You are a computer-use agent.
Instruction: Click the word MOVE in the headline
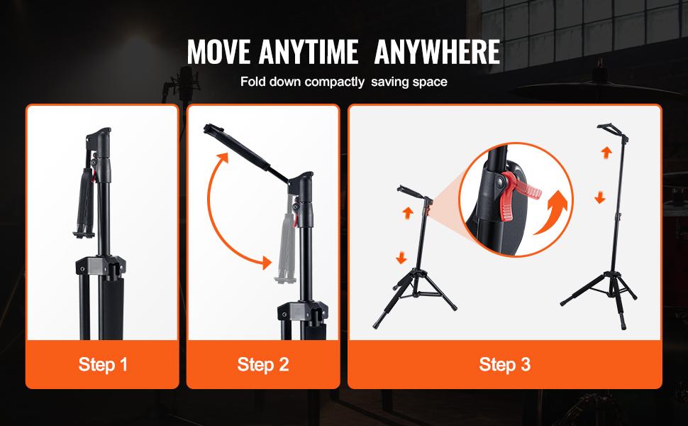(x=218, y=52)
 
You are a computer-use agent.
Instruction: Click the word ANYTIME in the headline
(x=309, y=52)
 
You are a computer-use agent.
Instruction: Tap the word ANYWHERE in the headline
(x=437, y=52)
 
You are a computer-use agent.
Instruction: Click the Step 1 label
(x=103, y=364)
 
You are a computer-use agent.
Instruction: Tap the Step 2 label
(x=263, y=364)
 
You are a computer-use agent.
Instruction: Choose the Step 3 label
(x=504, y=364)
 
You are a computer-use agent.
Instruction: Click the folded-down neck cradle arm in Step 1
(x=86, y=203)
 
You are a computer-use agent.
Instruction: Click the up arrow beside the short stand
(x=408, y=213)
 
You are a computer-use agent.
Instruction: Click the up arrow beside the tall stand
(x=606, y=153)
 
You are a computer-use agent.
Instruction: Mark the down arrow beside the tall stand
(x=600, y=197)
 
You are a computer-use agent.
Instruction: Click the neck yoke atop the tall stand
(x=613, y=131)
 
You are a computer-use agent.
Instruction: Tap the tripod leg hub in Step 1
(x=101, y=266)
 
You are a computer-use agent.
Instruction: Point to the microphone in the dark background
(x=184, y=80)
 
